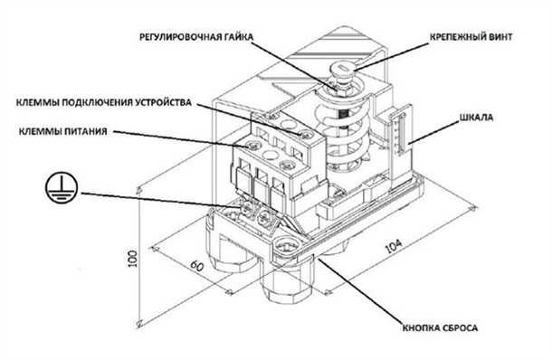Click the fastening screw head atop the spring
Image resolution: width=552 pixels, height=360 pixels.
coord(347,69)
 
